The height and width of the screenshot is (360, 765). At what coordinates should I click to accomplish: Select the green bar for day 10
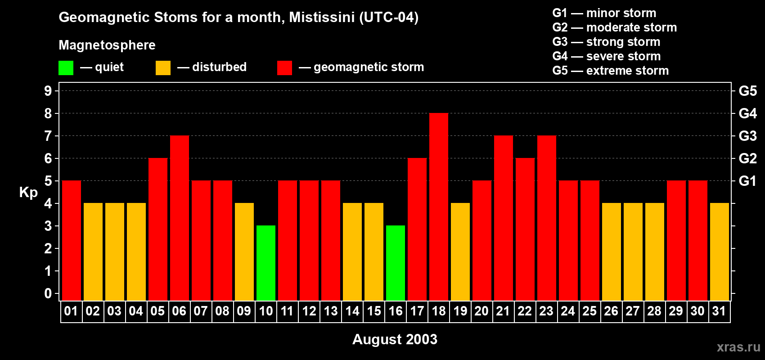tap(266, 263)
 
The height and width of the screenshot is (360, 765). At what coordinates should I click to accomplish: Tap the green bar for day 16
tap(396, 263)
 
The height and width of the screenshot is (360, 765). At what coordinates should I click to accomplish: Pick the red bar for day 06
tap(180, 218)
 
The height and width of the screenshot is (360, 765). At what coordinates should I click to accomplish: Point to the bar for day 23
tap(547, 218)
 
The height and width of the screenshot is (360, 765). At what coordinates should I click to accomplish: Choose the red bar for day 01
tap(72, 240)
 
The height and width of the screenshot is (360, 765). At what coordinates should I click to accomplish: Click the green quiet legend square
tap(66, 68)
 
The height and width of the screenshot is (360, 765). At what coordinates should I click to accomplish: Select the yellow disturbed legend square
tap(163, 68)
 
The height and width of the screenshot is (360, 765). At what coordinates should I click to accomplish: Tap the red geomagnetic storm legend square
tap(284, 68)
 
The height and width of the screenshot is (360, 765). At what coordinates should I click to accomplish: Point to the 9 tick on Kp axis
tap(48, 91)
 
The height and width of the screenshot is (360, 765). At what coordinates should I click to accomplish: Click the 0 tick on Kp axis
tap(48, 294)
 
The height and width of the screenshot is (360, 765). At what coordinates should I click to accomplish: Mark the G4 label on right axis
tap(747, 113)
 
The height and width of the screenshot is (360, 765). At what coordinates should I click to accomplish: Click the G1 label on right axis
tap(747, 181)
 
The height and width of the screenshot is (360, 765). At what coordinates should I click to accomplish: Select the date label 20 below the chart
tap(481, 311)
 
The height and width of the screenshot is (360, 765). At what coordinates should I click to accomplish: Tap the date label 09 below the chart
tap(244, 311)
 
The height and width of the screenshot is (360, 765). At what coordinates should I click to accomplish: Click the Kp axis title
tap(28, 193)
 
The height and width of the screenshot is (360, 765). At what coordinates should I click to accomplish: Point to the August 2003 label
tap(395, 339)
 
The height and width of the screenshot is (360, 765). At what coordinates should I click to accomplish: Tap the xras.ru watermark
tap(738, 347)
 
